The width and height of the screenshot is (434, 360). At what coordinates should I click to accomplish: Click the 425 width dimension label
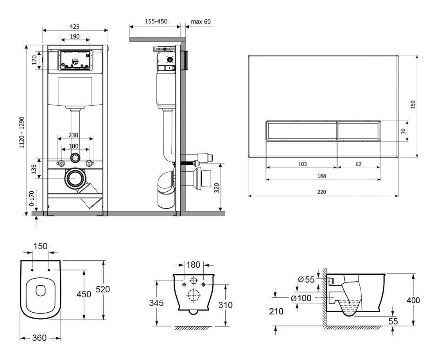[74, 27]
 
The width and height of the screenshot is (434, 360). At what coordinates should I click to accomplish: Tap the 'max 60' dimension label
[201, 22]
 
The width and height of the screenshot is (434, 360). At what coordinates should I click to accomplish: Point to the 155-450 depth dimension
[156, 21]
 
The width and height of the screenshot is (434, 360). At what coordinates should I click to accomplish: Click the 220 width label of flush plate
[322, 192]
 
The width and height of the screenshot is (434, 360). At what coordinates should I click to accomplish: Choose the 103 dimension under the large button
[303, 164]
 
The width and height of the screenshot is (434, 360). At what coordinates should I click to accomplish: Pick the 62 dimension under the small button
[359, 164]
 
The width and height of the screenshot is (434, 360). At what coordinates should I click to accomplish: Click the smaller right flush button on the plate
[359, 131]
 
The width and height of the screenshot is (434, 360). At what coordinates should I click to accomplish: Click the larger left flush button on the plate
[301, 131]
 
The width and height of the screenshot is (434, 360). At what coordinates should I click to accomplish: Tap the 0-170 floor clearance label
[32, 198]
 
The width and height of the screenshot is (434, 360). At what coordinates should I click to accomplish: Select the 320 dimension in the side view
[217, 188]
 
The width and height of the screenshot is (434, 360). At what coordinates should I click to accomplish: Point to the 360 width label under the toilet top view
[39, 338]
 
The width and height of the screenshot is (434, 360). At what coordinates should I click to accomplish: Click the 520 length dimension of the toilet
[103, 290]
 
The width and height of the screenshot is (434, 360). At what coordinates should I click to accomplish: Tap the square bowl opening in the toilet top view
[41, 290]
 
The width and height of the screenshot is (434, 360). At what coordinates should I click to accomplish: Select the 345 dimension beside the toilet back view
[156, 303]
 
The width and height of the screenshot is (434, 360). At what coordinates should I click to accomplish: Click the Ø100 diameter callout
[301, 298]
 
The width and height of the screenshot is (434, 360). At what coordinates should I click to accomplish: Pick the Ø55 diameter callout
[307, 280]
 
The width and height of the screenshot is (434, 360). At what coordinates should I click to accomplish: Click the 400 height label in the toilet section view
[413, 300]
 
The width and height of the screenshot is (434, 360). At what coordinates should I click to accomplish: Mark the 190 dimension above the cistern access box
[75, 36]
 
